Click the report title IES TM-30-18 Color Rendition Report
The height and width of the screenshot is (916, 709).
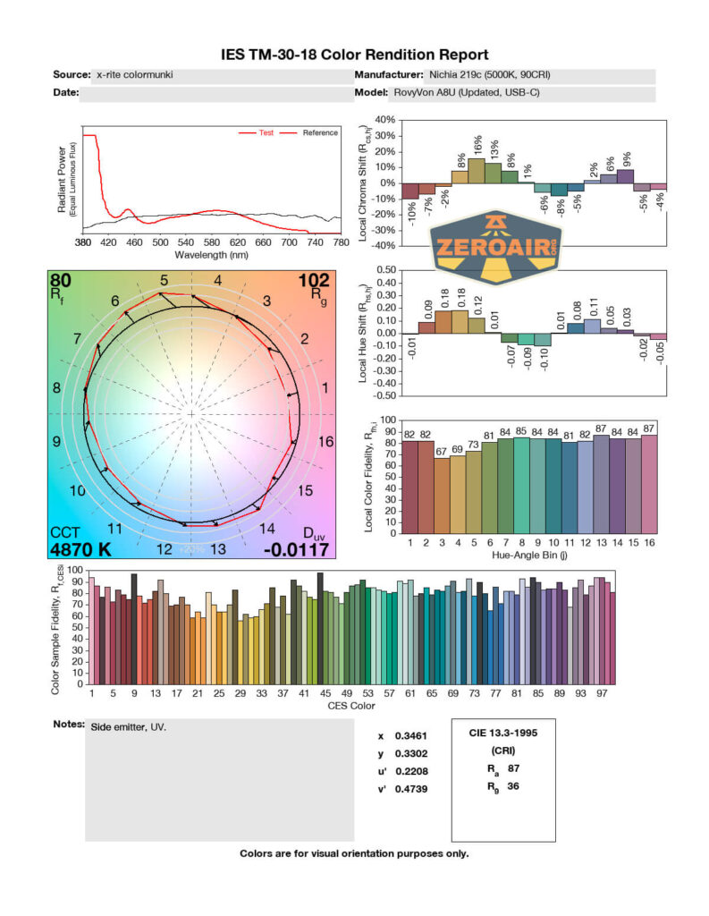click(354, 55)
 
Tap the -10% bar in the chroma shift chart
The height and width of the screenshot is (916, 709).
click(409, 191)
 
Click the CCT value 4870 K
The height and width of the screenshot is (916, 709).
click(80, 549)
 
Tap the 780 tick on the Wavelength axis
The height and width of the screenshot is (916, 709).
click(339, 242)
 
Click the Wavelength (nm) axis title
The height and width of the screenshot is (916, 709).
click(210, 254)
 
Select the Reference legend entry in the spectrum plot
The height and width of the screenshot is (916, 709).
click(319, 133)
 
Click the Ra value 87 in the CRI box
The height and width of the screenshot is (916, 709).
click(512, 768)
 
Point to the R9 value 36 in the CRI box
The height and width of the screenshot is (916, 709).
click(512, 785)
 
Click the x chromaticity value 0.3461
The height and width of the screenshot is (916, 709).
click(409, 735)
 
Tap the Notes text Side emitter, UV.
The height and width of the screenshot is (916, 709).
click(129, 727)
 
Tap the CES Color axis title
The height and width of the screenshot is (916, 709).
click(352, 705)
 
